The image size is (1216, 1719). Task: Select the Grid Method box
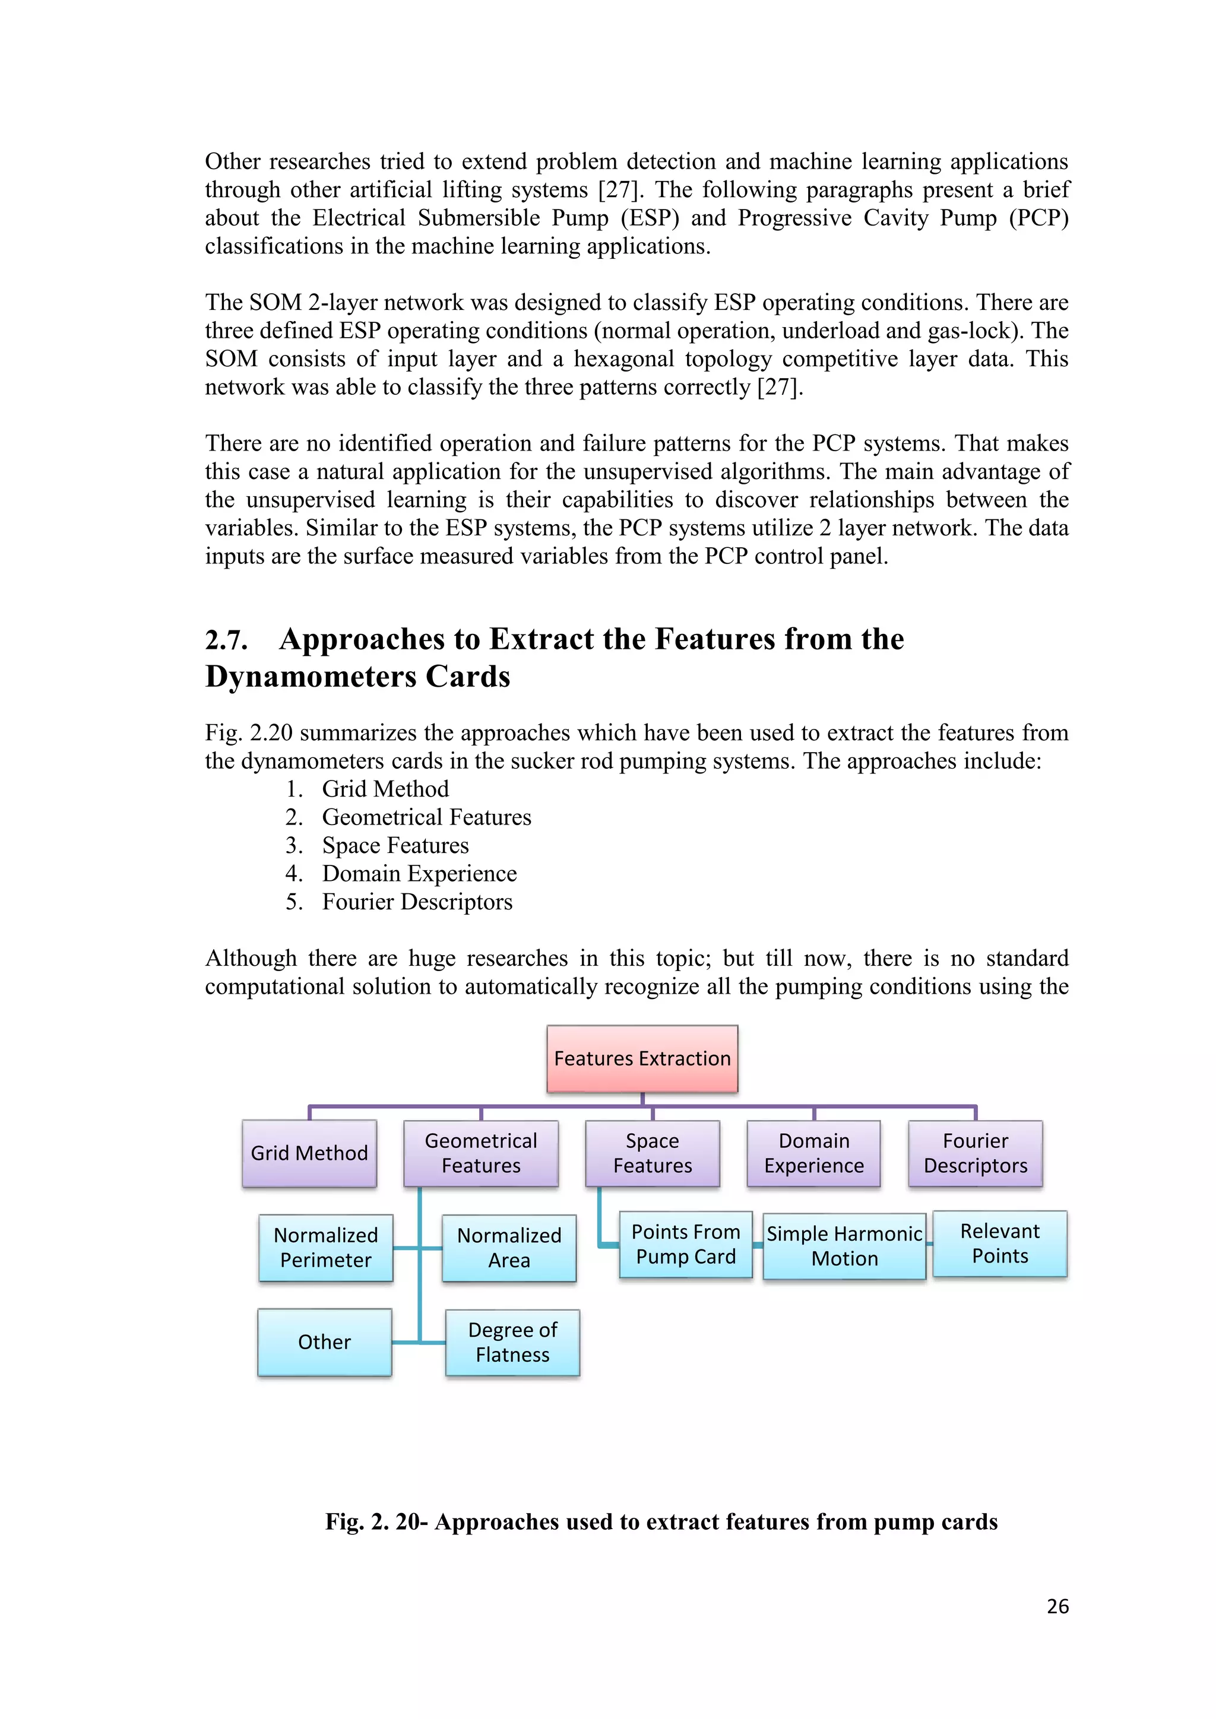coord(309,1153)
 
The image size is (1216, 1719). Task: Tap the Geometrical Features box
coord(481,1153)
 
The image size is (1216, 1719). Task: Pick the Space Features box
coord(652,1153)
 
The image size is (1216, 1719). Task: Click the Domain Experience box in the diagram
coord(814,1153)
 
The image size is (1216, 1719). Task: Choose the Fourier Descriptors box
coord(975,1153)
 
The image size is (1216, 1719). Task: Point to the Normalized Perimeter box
coord(326,1247)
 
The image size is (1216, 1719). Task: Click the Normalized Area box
coord(509,1247)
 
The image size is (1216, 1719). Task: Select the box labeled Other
coord(324,1341)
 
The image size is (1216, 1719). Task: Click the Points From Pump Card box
coord(685,1244)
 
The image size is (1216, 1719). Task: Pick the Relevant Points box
coord(1000,1243)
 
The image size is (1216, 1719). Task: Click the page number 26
coord(1057,1606)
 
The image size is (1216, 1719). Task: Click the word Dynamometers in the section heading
coord(310,677)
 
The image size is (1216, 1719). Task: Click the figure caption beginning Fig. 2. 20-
coord(661,1521)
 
